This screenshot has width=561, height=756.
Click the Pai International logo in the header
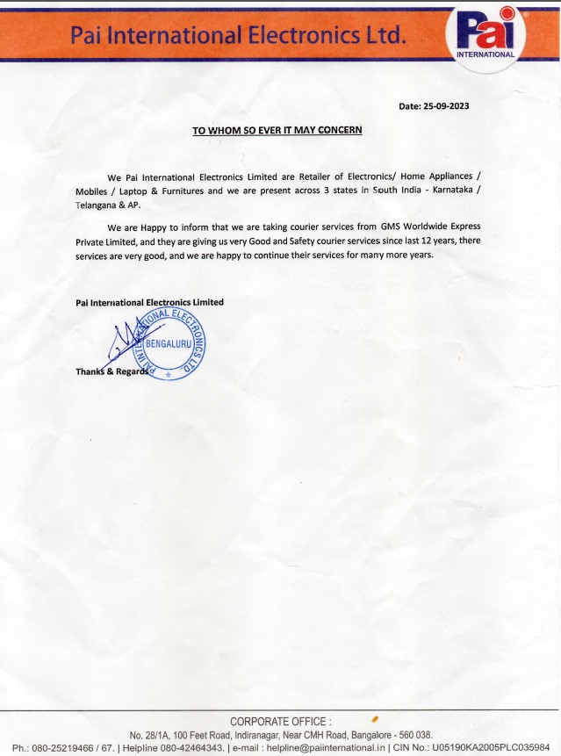pos(485,35)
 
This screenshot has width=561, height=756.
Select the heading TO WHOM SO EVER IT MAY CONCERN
pos(277,130)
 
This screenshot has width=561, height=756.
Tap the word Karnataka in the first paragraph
pos(447,190)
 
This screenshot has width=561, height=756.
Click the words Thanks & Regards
pos(109,371)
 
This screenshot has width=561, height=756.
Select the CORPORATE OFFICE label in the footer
pos(280,721)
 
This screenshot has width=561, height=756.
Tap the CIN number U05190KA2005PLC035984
pos(497,747)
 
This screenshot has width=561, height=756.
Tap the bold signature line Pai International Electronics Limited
pos(149,302)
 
